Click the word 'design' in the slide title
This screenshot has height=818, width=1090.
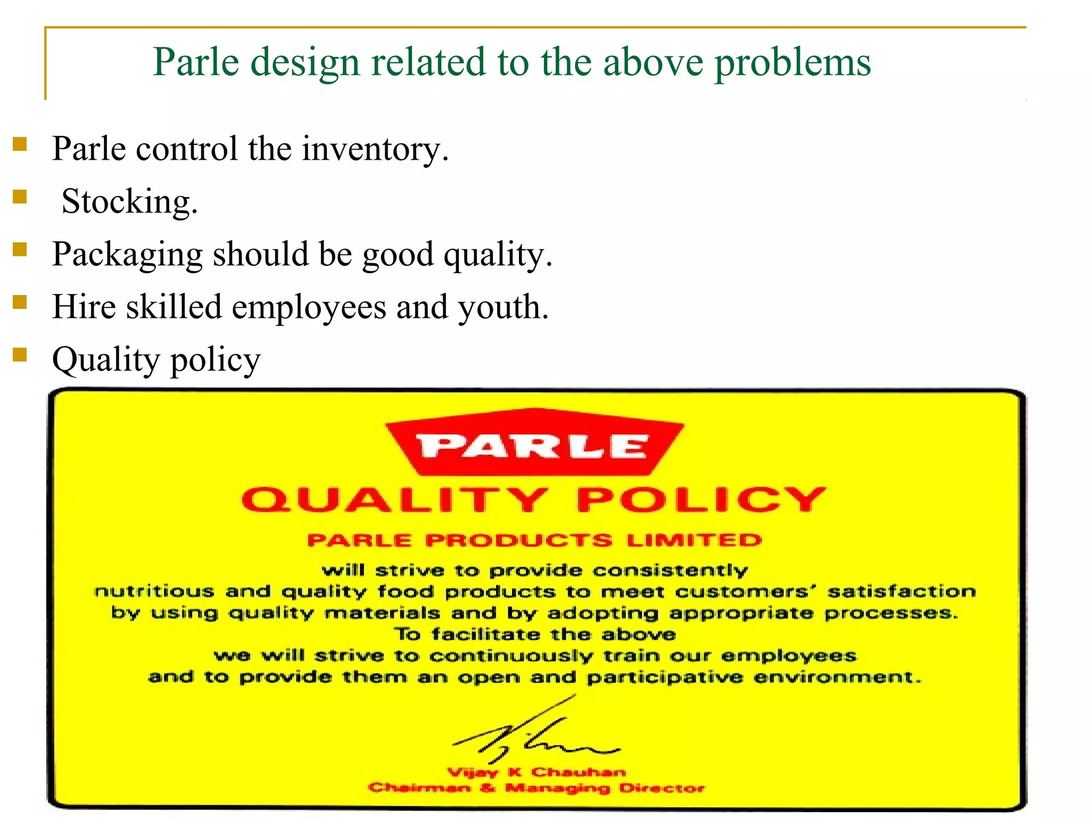pyautogui.click(x=305, y=63)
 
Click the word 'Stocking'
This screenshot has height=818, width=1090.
pyautogui.click(x=129, y=201)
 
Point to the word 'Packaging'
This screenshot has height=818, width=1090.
pyautogui.click(x=127, y=254)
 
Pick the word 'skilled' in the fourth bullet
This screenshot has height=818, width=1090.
pyautogui.click(x=174, y=307)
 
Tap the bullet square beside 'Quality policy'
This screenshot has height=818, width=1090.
pyautogui.click(x=20, y=354)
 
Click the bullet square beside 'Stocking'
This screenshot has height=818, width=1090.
pyautogui.click(x=20, y=197)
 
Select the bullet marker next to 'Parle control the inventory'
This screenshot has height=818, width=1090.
pyautogui.click(x=20, y=144)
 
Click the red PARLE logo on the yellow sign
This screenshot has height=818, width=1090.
pyautogui.click(x=534, y=443)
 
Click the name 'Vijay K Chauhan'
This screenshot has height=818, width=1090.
pyautogui.click(x=536, y=772)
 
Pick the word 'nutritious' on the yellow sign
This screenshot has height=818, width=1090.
pyautogui.click(x=154, y=591)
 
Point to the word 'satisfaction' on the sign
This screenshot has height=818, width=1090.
pyautogui.click(x=902, y=591)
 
